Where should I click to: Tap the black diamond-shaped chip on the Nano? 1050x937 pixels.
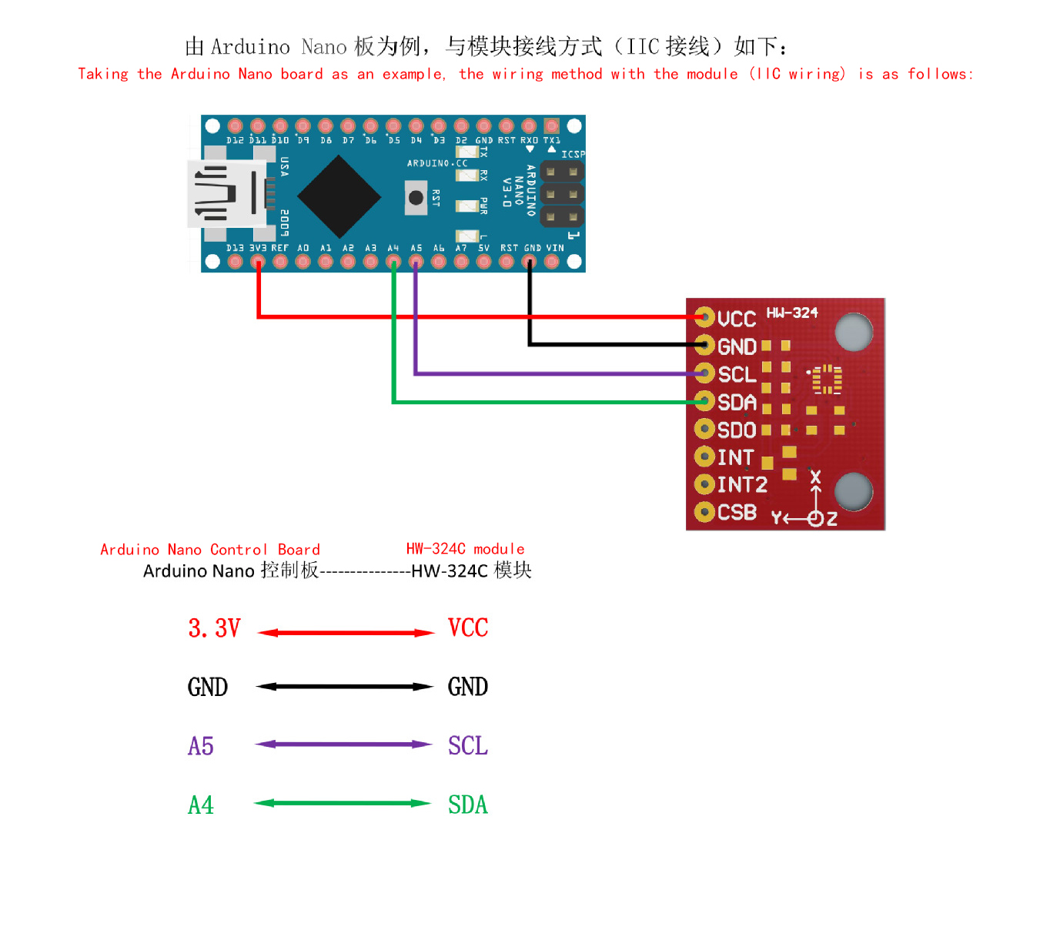339,196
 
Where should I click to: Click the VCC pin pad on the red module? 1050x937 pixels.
704,317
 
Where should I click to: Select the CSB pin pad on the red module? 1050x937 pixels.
704,512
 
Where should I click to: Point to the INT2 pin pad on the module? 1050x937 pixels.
704,484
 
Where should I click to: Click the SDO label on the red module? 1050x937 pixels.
737,430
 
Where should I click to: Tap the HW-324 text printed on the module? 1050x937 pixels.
791,313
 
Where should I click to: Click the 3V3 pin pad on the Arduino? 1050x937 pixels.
258,261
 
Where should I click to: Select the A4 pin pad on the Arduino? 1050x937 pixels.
393,261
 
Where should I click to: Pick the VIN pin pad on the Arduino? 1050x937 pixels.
551,261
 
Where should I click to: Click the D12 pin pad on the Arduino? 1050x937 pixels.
235,125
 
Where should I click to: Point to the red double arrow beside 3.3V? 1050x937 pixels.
346,632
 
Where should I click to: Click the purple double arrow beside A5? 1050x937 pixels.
343,744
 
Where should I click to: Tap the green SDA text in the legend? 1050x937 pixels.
467,805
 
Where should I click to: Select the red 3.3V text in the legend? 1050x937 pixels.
214,628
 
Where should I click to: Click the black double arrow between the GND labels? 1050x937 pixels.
344,687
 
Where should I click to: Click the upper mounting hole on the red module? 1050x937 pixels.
854,332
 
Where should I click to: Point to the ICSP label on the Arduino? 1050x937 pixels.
573,154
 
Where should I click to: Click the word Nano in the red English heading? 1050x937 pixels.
255,74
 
